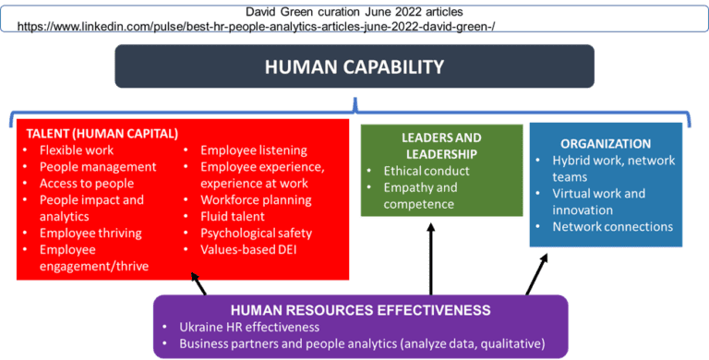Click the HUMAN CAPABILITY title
click(354, 67)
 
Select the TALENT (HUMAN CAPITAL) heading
click(101, 132)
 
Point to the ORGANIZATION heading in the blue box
click(605, 143)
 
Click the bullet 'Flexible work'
click(76, 150)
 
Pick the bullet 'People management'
click(97, 166)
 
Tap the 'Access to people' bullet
click(86, 183)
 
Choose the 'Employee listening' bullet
click(253, 150)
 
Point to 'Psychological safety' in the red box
click(256, 233)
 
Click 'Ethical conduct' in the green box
click(427, 171)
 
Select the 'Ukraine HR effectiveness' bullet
click(250, 327)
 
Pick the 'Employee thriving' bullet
click(90, 233)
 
